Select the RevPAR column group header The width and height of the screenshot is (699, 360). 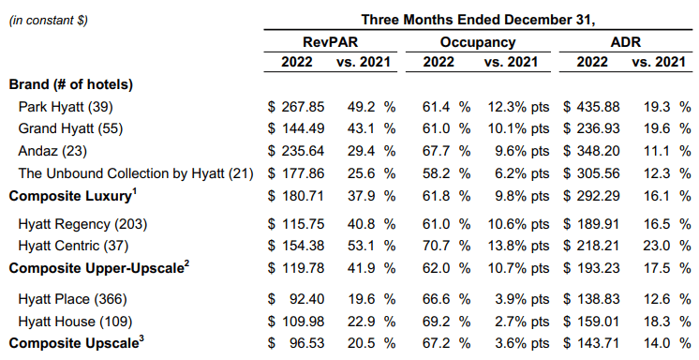click(x=329, y=41)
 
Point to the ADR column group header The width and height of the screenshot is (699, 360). click(x=625, y=41)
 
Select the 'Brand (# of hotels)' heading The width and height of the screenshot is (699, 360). click(x=71, y=84)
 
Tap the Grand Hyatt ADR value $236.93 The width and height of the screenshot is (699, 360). click(x=592, y=128)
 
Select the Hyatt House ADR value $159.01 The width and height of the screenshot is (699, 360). click(x=592, y=320)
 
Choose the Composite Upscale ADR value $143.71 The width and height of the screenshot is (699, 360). click(x=592, y=342)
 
